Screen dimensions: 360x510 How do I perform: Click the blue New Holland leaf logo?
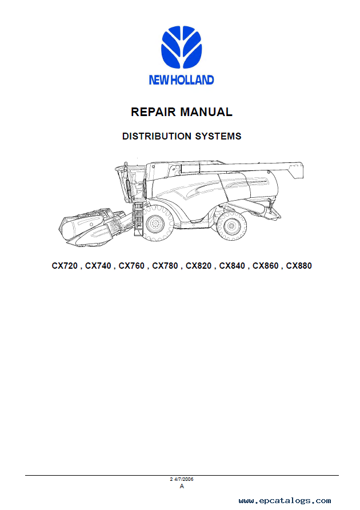coord(182,47)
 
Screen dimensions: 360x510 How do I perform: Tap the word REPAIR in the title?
coord(153,112)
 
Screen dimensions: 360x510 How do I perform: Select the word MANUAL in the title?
coord(206,112)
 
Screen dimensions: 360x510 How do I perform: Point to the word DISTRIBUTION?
coord(157,136)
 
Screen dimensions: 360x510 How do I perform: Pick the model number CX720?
coord(65,266)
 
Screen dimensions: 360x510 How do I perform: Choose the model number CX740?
coord(98,266)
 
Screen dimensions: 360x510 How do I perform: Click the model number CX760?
coord(131,266)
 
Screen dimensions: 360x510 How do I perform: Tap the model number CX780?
coord(165,266)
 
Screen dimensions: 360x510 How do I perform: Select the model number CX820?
coord(198,266)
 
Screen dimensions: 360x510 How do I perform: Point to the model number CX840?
coord(232,266)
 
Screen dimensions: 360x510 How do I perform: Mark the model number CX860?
coord(265,266)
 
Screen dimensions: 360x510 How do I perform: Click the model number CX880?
coord(299,266)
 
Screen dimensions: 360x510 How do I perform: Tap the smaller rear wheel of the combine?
coord(231,226)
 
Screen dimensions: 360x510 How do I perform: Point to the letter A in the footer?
coord(182,486)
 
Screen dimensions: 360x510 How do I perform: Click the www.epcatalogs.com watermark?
coord(285,501)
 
